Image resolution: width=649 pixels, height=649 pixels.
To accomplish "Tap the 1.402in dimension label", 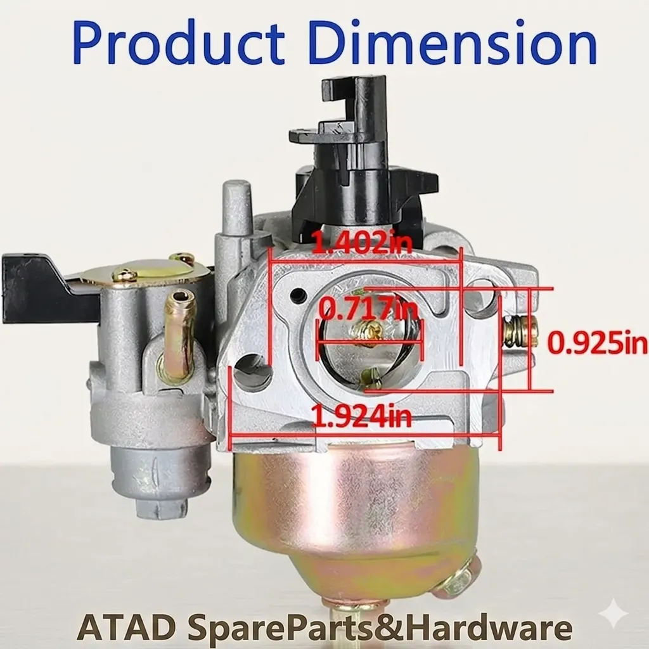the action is (362, 241).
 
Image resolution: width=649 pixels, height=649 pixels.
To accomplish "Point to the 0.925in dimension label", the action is (597, 343).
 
